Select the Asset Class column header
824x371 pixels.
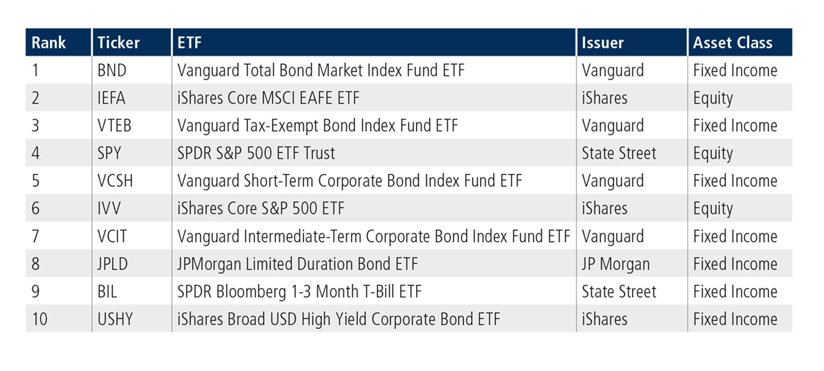click(x=733, y=43)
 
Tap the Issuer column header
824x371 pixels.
click(x=603, y=43)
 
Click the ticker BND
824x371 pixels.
click(x=113, y=71)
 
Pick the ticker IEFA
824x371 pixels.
click(x=113, y=98)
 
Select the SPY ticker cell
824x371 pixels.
click(x=111, y=153)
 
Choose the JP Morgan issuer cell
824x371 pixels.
click(x=616, y=264)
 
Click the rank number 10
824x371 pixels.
click(x=40, y=319)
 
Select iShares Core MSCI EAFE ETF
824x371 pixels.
click(x=268, y=98)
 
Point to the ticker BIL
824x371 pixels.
click(x=108, y=291)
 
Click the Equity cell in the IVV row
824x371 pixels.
click(x=713, y=209)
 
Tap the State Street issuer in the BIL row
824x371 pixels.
click(x=619, y=291)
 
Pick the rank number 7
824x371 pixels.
click(x=36, y=236)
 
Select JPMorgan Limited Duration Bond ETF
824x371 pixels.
click(x=297, y=264)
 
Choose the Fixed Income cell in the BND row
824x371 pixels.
click(x=735, y=71)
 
